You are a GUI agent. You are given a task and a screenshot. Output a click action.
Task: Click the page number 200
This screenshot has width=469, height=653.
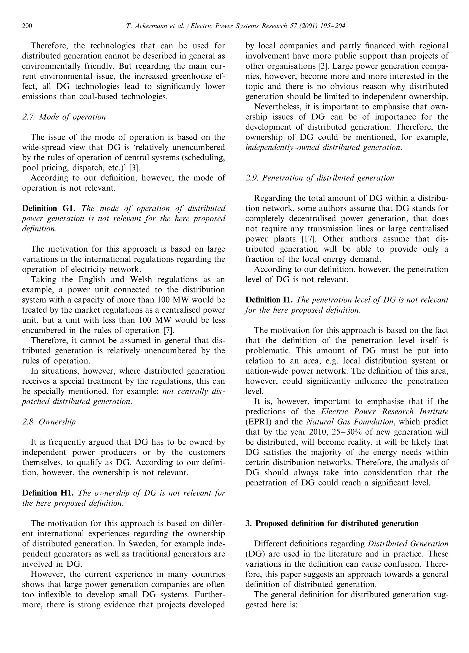(27, 26)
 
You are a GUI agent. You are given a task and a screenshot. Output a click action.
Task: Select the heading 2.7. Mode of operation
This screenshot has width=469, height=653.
(64, 117)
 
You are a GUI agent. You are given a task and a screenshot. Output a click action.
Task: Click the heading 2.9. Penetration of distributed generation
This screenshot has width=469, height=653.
(320, 178)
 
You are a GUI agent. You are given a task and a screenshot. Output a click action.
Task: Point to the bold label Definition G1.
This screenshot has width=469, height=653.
(48, 208)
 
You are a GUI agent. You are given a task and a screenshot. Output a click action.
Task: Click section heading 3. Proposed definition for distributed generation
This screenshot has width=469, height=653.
(332, 524)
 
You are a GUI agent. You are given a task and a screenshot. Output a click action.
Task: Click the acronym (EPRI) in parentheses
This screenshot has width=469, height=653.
(258, 422)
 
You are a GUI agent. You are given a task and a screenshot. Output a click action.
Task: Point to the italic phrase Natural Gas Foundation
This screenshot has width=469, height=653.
(349, 422)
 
